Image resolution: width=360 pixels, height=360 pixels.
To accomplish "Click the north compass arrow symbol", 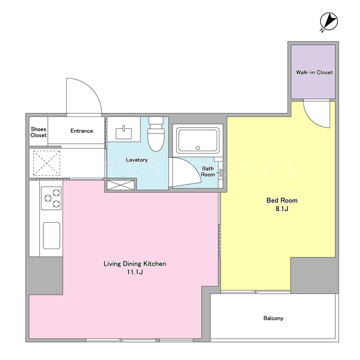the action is (328, 22).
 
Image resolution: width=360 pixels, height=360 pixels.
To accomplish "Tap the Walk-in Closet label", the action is (314, 73).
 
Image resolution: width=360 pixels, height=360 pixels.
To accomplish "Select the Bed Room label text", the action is (282, 200).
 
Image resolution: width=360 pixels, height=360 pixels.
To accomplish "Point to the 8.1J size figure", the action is (282, 209).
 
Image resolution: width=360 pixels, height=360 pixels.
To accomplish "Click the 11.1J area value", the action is (135, 272).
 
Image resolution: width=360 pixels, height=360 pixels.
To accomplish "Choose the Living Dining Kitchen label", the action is (135, 264).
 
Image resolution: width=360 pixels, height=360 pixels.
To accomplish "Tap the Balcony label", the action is (273, 318).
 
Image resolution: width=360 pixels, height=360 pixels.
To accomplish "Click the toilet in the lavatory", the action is (156, 134).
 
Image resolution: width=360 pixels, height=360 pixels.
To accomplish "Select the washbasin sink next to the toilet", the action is (124, 133).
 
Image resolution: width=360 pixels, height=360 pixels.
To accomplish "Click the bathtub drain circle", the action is (197, 148).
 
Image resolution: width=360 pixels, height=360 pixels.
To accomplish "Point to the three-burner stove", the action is (51, 198).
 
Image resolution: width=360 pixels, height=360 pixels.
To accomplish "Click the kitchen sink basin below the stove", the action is (52, 236).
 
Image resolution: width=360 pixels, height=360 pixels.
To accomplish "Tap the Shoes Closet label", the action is (38, 132).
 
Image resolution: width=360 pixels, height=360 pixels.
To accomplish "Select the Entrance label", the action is (82, 131).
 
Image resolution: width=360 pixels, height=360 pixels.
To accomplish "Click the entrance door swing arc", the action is (92, 88).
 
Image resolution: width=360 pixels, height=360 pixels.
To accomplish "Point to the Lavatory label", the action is (137, 160).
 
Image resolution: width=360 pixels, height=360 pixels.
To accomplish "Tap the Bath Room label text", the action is (208, 172).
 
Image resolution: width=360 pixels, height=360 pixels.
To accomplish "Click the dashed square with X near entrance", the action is (47, 163).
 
